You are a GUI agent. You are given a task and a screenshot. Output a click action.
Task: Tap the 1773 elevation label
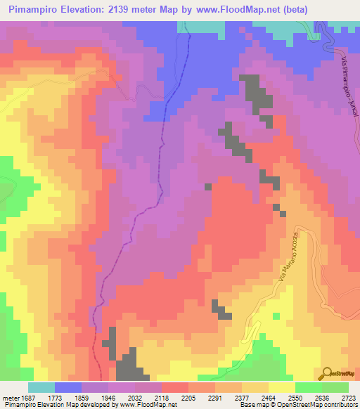coord(54,396)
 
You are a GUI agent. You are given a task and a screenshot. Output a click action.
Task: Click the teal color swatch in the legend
coord(41,387)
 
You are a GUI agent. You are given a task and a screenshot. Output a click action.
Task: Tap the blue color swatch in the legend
coord(67,387)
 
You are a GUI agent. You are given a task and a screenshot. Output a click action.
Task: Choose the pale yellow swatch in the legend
coord(281,387)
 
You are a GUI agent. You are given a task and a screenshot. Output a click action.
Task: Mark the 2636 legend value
coord(321,396)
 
